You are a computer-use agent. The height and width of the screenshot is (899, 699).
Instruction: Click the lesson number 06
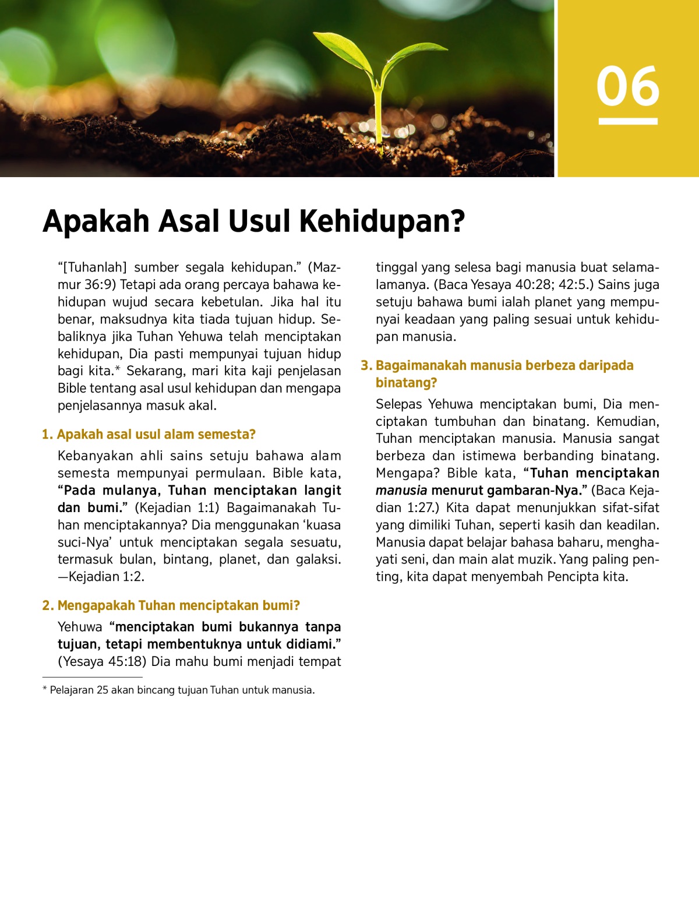click(x=628, y=86)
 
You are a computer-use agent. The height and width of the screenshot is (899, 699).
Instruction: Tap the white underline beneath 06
click(x=628, y=121)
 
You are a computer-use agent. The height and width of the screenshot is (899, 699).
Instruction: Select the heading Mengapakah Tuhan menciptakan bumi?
click(x=178, y=606)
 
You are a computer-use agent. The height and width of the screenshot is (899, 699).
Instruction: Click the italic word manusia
click(x=401, y=491)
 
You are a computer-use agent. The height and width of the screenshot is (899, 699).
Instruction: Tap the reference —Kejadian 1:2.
click(x=101, y=577)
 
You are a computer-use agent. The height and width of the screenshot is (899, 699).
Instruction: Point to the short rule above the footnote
click(x=92, y=678)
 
